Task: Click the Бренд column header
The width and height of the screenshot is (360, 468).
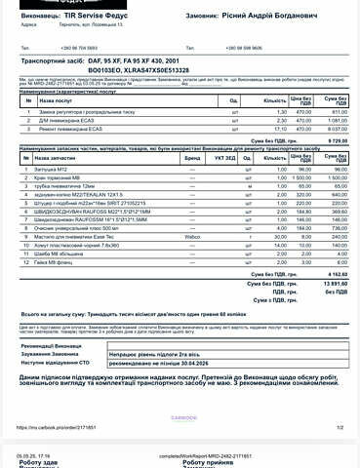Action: click(194, 156)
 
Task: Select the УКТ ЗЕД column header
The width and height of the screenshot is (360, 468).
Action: click(224, 156)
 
